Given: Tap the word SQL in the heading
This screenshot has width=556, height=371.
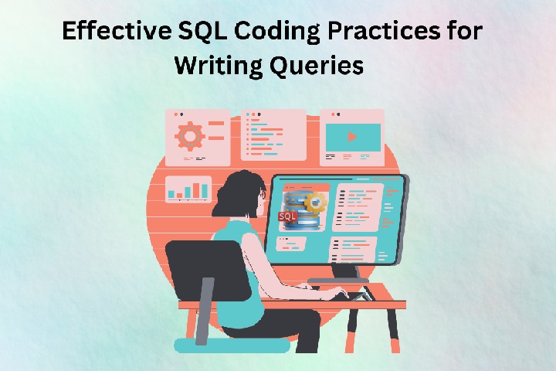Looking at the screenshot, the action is [x=202, y=31].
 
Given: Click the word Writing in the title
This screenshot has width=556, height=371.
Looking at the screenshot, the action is [x=219, y=66].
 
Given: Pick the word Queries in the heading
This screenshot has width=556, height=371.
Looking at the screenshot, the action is [x=317, y=66].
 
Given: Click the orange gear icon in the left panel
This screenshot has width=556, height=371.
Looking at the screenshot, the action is [x=190, y=136].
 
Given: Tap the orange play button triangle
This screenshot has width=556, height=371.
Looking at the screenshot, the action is [x=352, y=137].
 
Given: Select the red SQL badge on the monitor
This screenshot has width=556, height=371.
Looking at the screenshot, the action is [x=287, y=216].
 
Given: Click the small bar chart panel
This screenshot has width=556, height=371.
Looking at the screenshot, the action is [x=188, y=189].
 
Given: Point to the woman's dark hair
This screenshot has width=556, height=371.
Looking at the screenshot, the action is [x=236, y=196].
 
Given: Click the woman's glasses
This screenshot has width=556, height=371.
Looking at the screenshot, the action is [x=263, y=195].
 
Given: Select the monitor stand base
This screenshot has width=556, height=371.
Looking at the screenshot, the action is [x=338, y=281].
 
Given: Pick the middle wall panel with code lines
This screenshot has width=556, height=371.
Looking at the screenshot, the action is [x=273, y=135].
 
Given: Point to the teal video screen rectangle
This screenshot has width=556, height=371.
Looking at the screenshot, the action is [x=353, y=137].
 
